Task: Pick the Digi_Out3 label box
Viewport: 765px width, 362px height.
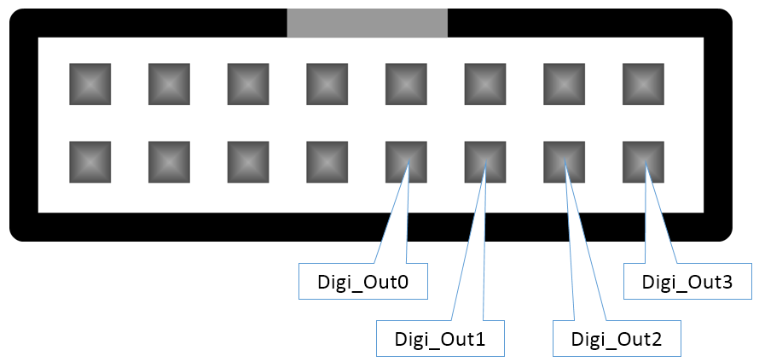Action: tap(687, 282)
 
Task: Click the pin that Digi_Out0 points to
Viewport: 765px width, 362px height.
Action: tap(406, 161)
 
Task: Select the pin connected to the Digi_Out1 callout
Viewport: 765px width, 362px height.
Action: tap(485, 161)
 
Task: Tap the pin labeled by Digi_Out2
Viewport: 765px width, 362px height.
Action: tap(565, 161)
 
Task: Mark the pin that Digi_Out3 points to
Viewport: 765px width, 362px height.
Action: tap(644, 161)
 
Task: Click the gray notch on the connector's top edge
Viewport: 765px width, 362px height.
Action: tap(367, 23)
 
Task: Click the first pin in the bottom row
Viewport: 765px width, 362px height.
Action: tap(90, 161)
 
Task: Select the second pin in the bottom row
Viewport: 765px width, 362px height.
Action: tap(169, 161)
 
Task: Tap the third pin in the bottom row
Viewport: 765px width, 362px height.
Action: tap(248, 161)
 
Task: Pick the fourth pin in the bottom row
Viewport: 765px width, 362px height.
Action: tap(327, 161)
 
